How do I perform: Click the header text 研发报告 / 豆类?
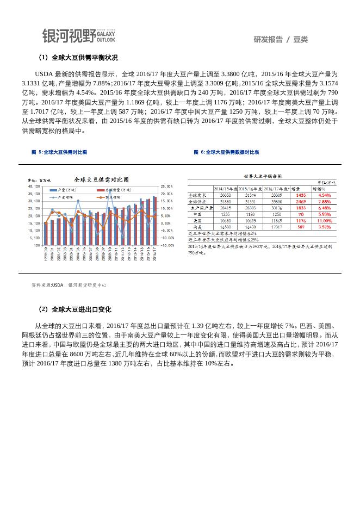tap(280, 39)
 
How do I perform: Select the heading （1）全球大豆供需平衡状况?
tap(78, 58)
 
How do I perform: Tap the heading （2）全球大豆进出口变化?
tap(75, 309)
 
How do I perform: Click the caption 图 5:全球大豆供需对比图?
tap(59, 152)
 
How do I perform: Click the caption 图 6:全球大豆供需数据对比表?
tap(226, 152)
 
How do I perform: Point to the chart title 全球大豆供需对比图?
tap(101, 179)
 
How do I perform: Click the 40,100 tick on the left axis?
tap(33, 187)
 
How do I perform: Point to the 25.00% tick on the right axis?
tap(166, 187)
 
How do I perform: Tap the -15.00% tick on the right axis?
tap(167, 245)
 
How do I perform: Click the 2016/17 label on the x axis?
tap(154, 254)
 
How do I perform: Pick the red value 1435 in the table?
tap(301, 195)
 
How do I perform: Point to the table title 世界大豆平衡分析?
tap(263, 176)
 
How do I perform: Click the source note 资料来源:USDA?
tap(47, 285)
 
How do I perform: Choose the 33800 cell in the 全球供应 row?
tap(276, 201)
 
